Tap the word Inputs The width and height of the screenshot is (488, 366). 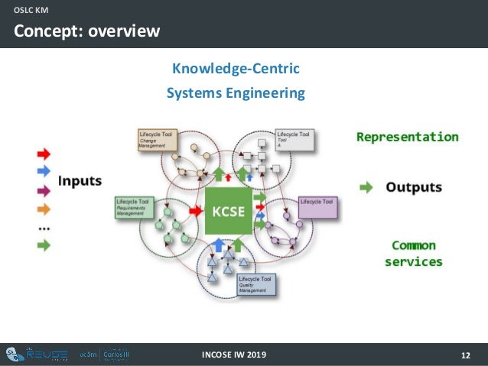tap(80, 181)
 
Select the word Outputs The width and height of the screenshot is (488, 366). tap(413, 186)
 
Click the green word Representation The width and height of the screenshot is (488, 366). tap(408, 138)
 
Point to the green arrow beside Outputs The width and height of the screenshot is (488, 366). tap(367, 186)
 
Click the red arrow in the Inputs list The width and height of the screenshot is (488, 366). tap(43, 153)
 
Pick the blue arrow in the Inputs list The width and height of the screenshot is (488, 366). tap(43, 170)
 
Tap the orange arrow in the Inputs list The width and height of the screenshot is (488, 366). tap(43, 208)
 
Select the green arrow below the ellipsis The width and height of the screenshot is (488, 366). tap(43, 245)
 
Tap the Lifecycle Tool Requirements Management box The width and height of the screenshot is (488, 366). tap(136, 207)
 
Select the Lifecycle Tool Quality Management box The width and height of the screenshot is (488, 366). tap(256, 284)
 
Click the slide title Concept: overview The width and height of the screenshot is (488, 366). tap(86, 31)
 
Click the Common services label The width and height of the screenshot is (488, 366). tap(413, 254)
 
